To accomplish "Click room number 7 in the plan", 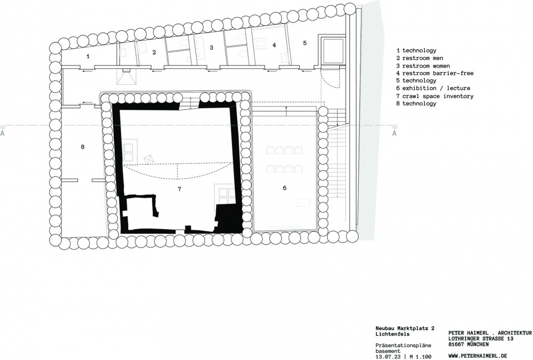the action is coord(179,189).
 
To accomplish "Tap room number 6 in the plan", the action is coord(285,188).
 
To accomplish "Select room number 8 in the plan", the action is coord(83,146).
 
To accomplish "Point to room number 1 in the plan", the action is coord(88,57).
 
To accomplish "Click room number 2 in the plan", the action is coord(154,52).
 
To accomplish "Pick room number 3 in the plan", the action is coord(211,48).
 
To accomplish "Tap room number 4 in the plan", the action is coord(274,45).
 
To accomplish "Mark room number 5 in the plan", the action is coord(305,43).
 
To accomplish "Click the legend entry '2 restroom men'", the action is coord(420,58).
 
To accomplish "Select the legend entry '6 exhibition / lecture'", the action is coord(433,88).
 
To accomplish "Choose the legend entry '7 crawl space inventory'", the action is coord(435,96).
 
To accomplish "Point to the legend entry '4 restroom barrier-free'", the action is coord(435,73).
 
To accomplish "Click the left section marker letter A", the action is coord(2,133).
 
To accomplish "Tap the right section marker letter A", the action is coord(394,133).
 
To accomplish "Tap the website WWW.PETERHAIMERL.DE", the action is coord(478,356).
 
